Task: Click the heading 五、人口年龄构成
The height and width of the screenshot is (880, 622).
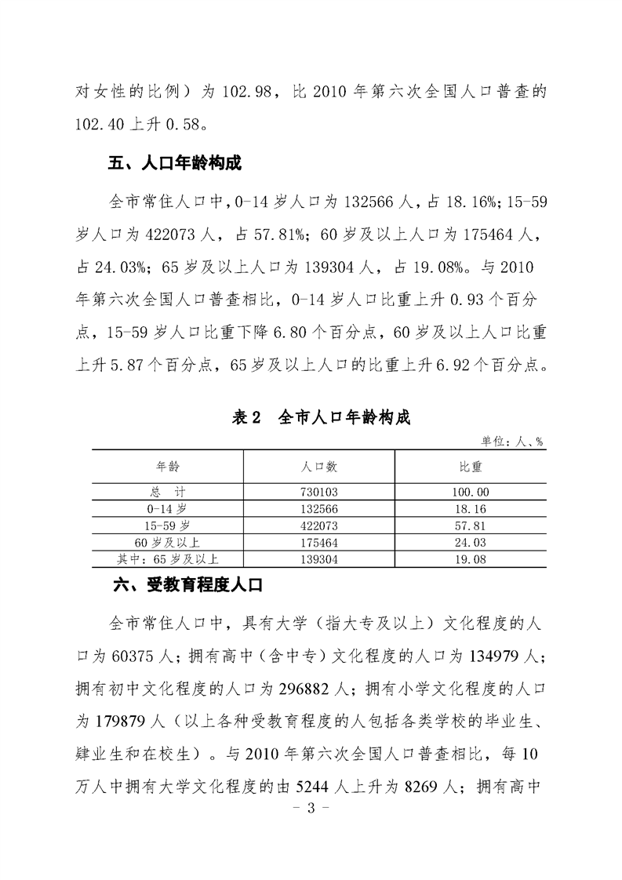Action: tap(173, 164)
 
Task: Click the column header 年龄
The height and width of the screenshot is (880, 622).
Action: tap(168, 466)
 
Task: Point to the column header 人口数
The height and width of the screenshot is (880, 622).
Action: tap(319, 466)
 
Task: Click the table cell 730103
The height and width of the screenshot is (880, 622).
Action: tap(319, 492)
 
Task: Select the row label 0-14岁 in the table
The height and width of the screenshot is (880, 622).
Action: tap(167, 508)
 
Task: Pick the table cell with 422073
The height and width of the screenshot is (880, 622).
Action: tap(319, 525)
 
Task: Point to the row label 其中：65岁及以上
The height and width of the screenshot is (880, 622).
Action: tap(167, 558)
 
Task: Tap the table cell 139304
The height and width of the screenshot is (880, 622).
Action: tap(319, 558)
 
